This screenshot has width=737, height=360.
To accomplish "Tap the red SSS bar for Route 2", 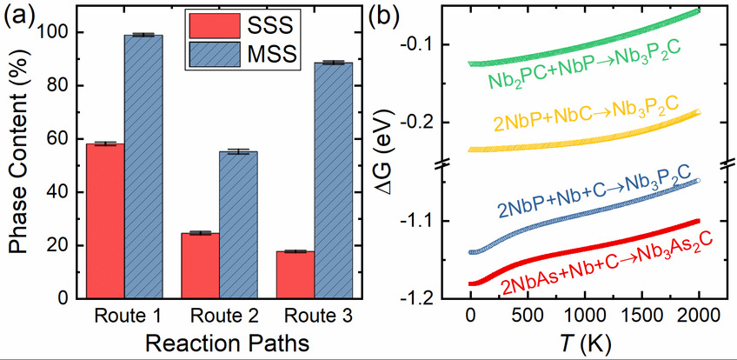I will pyautogui.click(x=200, y=265).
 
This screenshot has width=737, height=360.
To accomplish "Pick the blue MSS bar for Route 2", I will pyautogui.click(x=238, y=225).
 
